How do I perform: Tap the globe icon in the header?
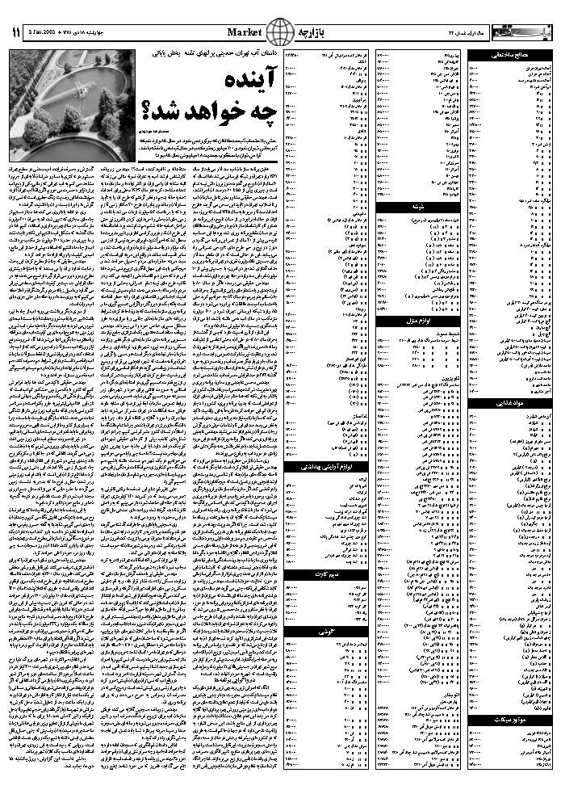pos(278,32)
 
